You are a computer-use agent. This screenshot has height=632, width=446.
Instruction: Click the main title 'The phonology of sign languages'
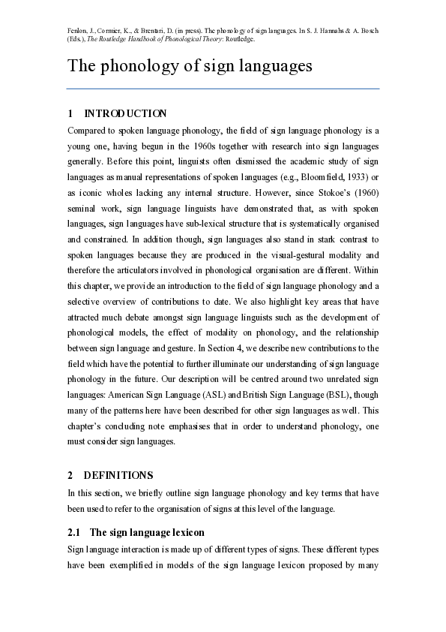pyautogui.click(x=190, y=66)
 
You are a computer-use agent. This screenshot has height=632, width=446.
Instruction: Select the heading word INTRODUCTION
pyautogui.click(x=125, y=113)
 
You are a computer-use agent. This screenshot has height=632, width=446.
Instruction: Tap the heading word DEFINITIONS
pyautogui.click(x=118, y=475)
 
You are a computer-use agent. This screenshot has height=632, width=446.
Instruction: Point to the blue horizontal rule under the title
pyautogui.click(x=223, y=89)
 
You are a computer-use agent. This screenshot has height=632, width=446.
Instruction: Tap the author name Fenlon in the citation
pyautogui.click(x=79, y=31)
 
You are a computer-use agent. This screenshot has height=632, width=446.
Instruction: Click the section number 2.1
pyautogui.click(x=74, y=533)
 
